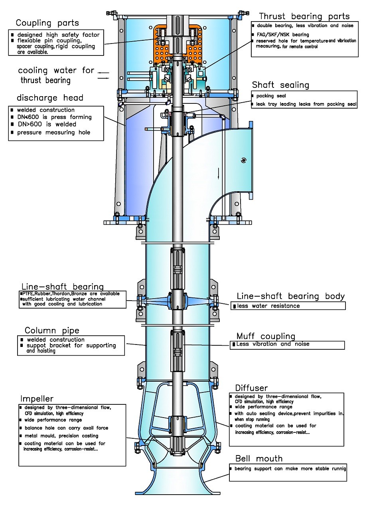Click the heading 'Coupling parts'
[x=47, y=23]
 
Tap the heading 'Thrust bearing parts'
[x=304, y=16]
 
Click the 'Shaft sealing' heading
[x=280, y=85]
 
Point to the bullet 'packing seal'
[x=271, y=96]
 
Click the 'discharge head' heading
[x=50, y=98]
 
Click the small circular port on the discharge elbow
[x=243, y=160]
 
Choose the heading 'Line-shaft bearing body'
[x=290, y=296]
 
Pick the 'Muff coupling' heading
[x=266, y=336]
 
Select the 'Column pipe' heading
[x=52, y=331]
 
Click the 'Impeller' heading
[x=36, y=399]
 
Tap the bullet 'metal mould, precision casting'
[x=61, y=436]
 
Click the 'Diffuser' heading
[x=251, y=388]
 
